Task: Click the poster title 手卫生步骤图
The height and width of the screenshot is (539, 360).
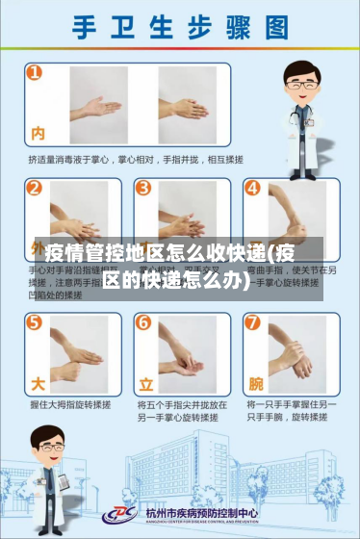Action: point(179,28)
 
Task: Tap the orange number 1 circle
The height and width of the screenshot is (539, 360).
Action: point(36,73)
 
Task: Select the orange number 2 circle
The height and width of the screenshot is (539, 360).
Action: point(36,188)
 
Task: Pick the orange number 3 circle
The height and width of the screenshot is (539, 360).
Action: point(142,188)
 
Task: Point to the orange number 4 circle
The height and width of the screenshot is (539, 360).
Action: point(251,188)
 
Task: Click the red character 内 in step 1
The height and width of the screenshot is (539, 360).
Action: point(39,133)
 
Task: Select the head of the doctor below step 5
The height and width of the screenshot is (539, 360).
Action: point(48,442)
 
